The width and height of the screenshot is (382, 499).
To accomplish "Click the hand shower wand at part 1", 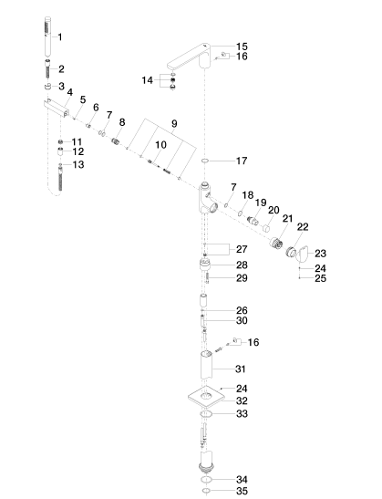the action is [x=47, y=36].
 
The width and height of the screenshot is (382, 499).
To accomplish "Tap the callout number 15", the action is [x=242, y=47].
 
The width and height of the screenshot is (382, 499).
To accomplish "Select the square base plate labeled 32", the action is [x=206, y=397].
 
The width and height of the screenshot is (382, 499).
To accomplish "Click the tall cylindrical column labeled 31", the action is [x=207, y=364].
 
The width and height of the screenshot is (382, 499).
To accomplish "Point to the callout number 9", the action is [x=174, y=123].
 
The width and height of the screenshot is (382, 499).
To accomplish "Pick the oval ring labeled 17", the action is [x=205, y=161].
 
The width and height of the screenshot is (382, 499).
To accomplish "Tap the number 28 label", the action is [x=242, y=265].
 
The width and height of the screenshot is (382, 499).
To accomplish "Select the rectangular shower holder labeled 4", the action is [x=57, y=108].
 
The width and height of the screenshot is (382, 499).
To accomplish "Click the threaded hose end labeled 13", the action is [x=60, y=177].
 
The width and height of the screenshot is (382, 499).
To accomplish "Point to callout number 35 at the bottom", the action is [x=242, y=491].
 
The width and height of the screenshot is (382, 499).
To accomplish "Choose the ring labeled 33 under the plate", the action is [x=206, y=414].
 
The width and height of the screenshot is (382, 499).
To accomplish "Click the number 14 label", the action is [x=148, y=80].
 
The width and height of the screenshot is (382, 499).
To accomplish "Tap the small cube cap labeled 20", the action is [x=266, y=228].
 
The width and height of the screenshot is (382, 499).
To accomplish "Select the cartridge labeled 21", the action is [x=276, y=243].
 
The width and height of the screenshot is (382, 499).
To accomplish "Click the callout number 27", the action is [x=242, y=249].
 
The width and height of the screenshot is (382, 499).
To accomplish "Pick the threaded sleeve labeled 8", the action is [x=116, y=140].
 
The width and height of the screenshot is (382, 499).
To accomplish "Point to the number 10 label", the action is [x=161, y=145].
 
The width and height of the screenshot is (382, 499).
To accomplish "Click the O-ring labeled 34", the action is [x=206, y=479].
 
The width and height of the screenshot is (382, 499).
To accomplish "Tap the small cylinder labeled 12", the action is [x=60, y=151].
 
